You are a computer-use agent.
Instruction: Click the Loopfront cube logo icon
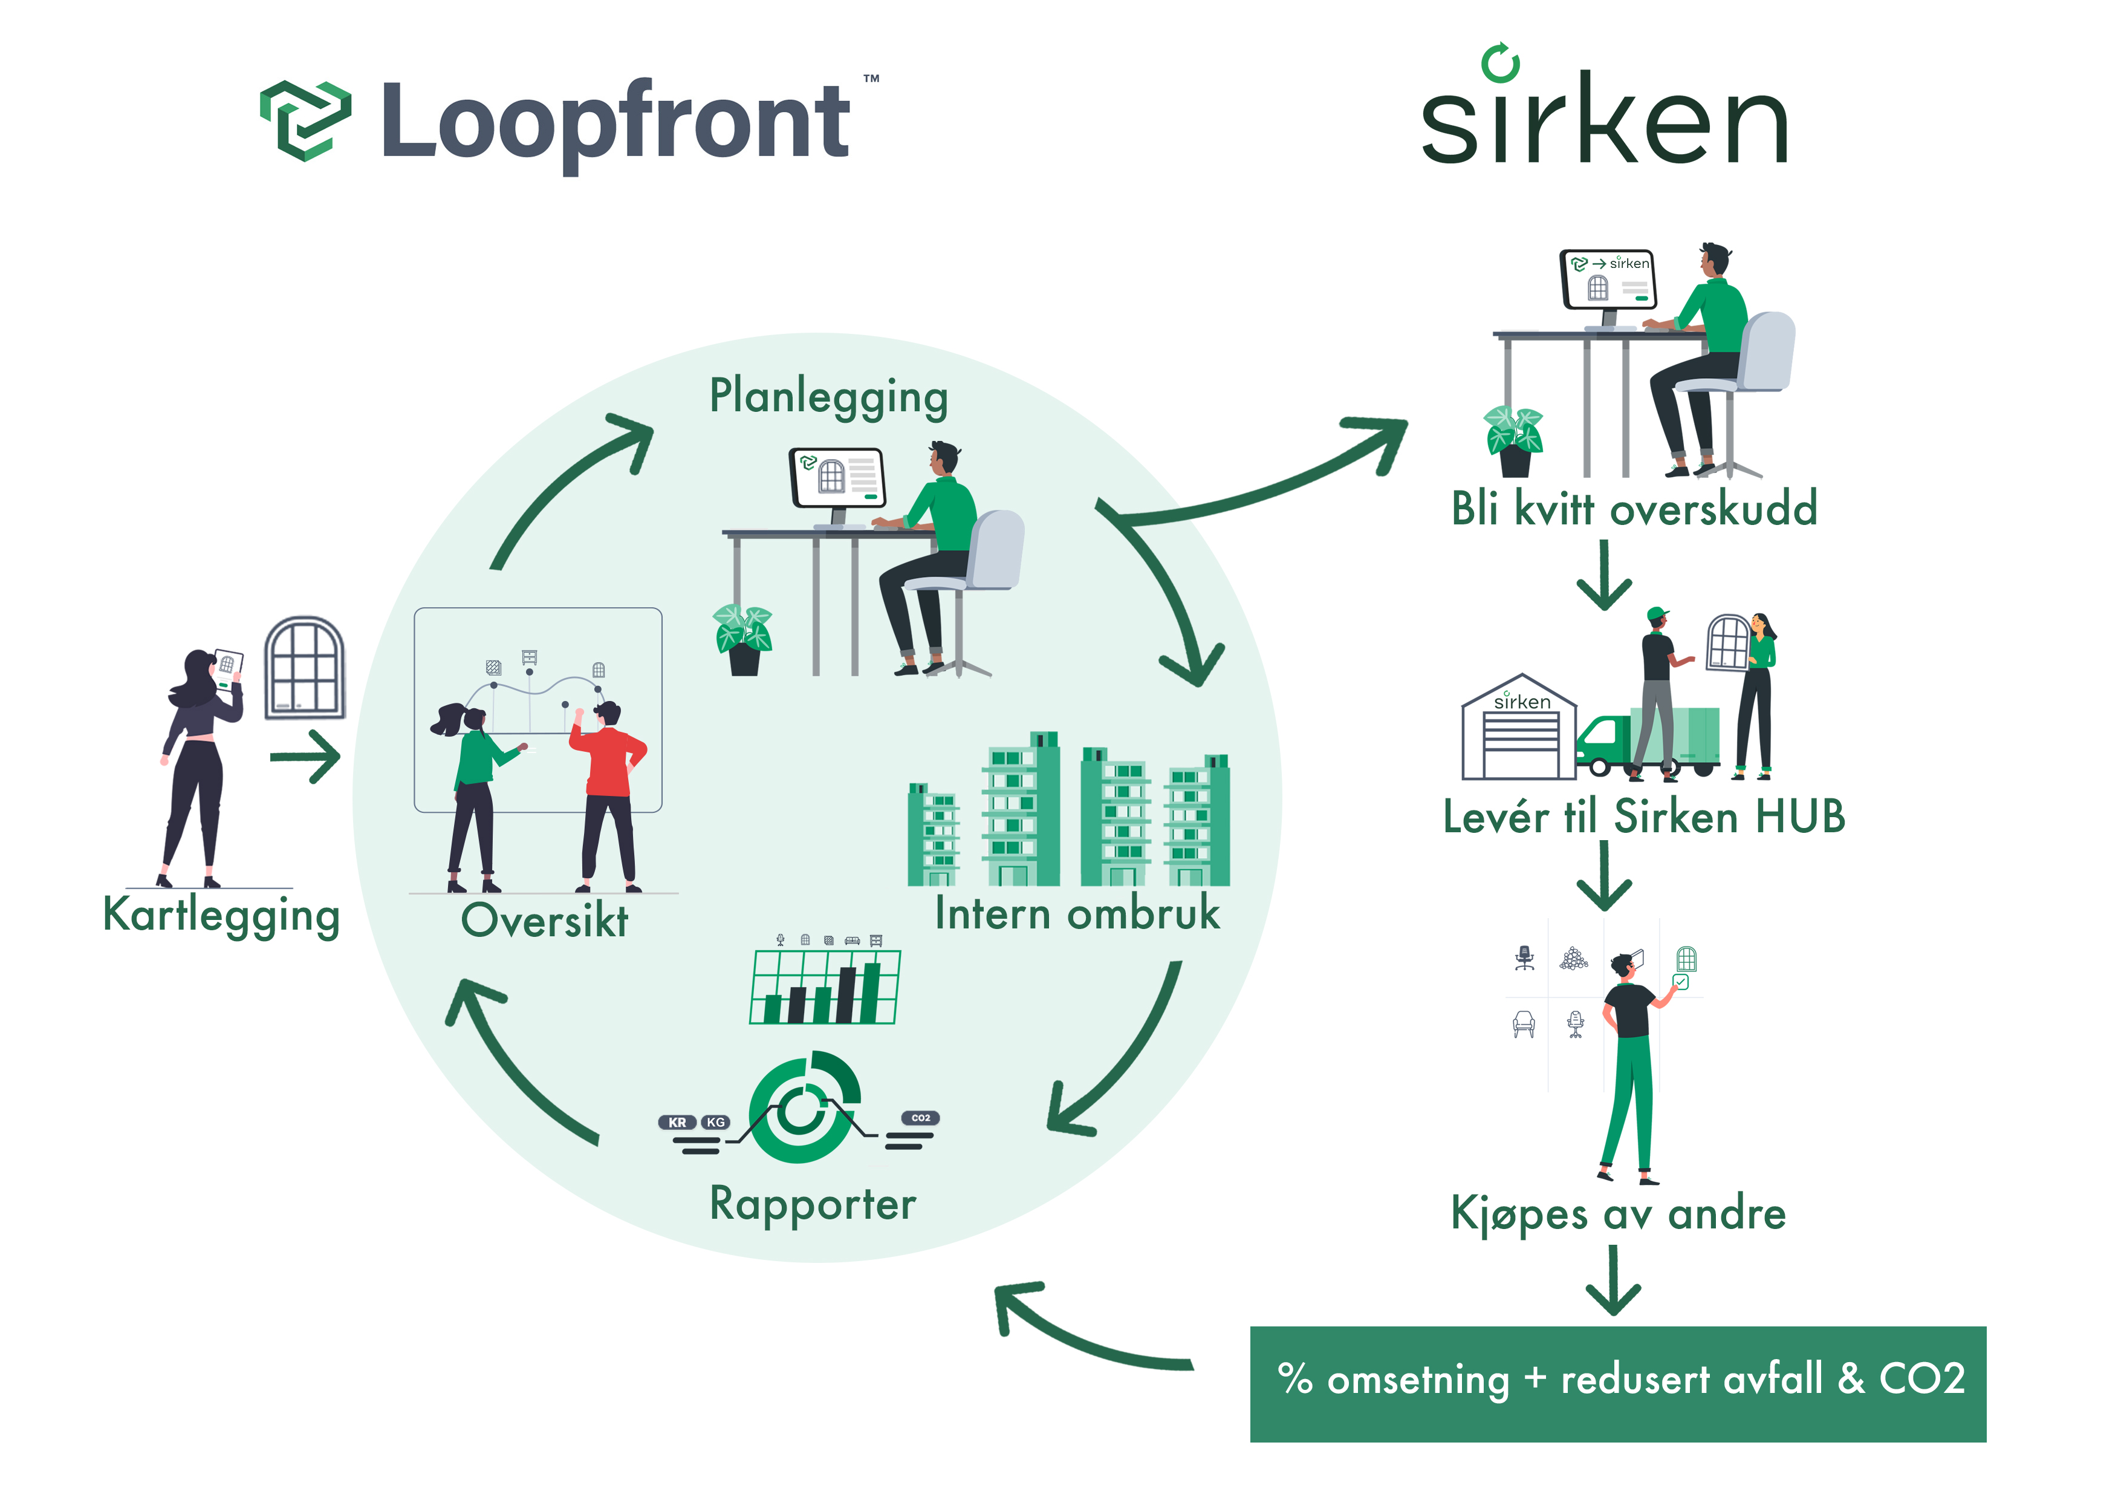(x=305, y=120)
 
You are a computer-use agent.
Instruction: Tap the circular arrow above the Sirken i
(x=1500, y=63)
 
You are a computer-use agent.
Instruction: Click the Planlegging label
(x=829, y=397)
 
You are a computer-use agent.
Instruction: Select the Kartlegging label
(x=222, y=915)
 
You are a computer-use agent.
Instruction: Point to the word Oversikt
(x=544, y=921)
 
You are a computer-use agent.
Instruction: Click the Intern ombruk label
(x=1077, y=913)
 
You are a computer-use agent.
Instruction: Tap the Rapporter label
(x=813, y=1204)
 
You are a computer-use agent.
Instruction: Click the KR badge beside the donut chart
(x=677, y=1122)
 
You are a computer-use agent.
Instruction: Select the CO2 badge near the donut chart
(x=920, y=1117)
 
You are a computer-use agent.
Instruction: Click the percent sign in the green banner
(x=1295, y=1379)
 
